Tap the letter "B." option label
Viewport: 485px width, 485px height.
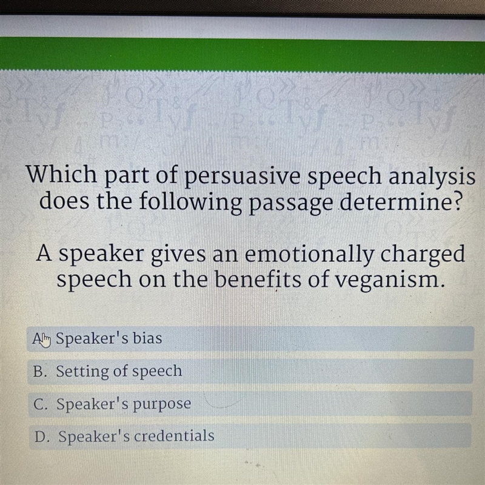click(40, 372)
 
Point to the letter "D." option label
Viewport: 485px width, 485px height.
click(41, 436)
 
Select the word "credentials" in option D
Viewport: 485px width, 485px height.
click(174, 436)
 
